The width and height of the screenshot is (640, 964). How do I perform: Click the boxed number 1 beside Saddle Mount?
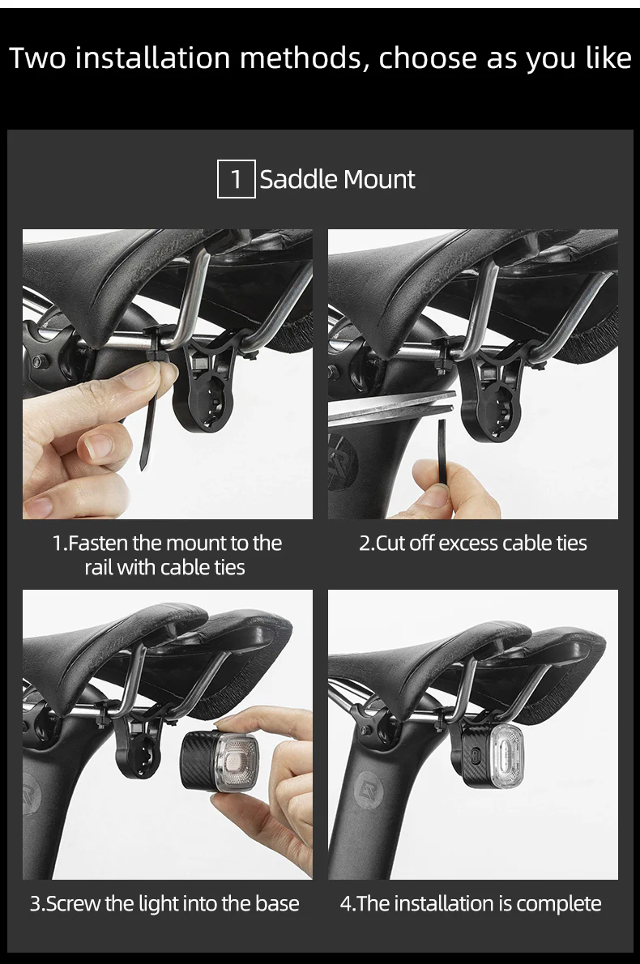pos(237,179)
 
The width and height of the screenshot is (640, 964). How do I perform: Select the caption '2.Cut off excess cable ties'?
pos(473,543)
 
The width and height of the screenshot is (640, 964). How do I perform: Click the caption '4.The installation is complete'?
pos(471,903)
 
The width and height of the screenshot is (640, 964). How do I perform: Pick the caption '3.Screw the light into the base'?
pos(164,903)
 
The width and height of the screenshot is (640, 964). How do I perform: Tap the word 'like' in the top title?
pos(603,58)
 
